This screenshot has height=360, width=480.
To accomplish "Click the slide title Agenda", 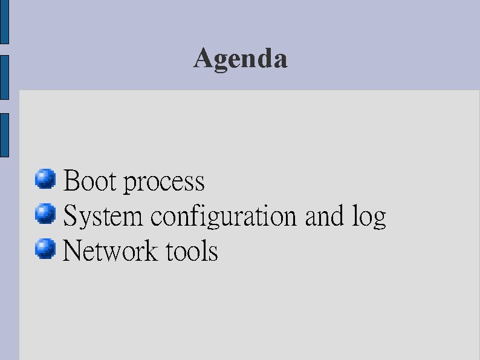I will click(241, 59).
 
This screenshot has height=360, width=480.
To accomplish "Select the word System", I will click(103, 217).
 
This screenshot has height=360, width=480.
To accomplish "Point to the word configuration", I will click(224, 217).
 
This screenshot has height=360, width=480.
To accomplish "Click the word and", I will click(323, 216).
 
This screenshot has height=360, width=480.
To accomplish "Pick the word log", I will click(369, 217).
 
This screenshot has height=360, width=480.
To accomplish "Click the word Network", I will click(110, 250).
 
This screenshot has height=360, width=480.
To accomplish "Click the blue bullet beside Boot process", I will click(45, 179).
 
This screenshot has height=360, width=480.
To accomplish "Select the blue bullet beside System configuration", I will click(45, 214).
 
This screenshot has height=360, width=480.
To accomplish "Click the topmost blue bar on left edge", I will click(4, 22).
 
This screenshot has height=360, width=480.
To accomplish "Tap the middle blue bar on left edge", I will click(4, 77).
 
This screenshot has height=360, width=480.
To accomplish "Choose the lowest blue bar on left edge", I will click(4, 135).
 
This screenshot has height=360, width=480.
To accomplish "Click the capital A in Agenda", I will click(203, 58).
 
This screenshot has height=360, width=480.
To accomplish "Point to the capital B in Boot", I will click(72, 181).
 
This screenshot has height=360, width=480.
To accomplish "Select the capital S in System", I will click(70, 216).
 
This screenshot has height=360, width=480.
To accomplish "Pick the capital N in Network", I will click(73, 250).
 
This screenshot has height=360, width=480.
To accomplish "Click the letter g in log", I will click(379, 219).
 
